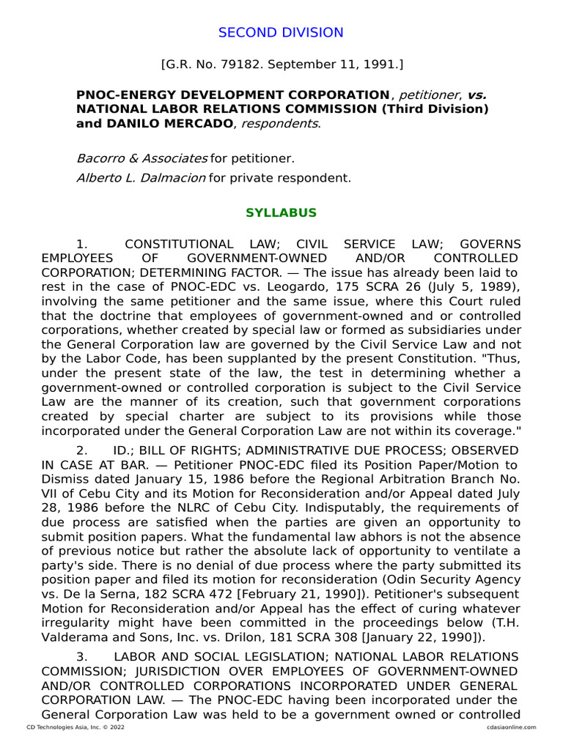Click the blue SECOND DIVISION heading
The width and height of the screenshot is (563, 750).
[x=281, y=32]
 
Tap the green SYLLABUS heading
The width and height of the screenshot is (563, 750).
[x=281, y=213]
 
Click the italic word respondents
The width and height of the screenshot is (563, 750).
[x=281, y=124]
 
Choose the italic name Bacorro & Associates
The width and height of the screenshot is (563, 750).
[x=142, y=158]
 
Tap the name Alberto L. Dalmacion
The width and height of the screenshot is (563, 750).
[x=141, y=177]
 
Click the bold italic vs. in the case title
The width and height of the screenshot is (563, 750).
[x=476, y=95]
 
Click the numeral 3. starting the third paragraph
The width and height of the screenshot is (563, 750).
[x=81, y=656]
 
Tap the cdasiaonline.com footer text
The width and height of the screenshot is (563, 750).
[x=511, y=727]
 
